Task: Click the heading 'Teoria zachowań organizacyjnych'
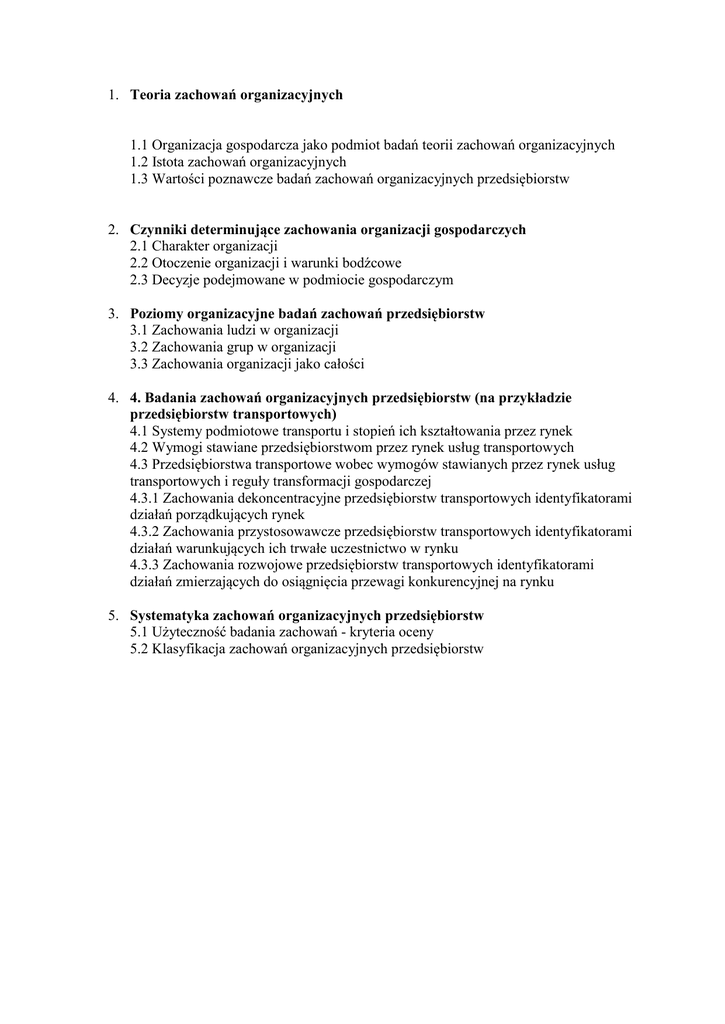(x=236, y=95)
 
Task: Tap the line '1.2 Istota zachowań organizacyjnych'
(x=238, y=162)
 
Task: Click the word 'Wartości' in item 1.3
(x=179, y=179)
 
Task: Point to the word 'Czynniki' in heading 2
(x=158, y=230)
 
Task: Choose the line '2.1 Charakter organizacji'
(x=204, y=247)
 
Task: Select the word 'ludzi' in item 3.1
(x=234, y=331)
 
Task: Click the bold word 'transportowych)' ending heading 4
(x=284, y=414)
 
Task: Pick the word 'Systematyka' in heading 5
(x=171, y=615)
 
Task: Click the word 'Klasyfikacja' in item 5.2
(x=189, y=649)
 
